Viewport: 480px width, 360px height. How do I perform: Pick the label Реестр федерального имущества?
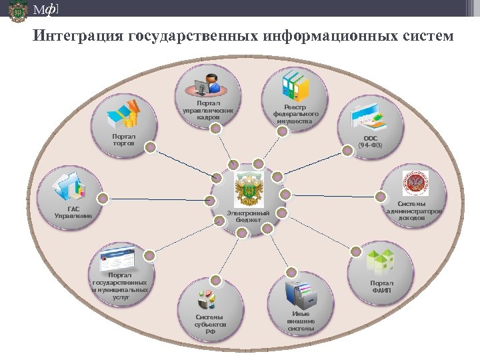[x=295, y=114]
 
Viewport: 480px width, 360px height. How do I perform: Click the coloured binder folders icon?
[x=295, y=85]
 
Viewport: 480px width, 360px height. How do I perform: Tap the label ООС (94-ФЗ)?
[x=370, y=141]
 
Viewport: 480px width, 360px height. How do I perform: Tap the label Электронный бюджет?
[x=248, y=216]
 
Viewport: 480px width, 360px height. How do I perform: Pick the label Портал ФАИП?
[x=382, y=287]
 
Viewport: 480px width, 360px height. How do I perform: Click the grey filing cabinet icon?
[x=299, y=294]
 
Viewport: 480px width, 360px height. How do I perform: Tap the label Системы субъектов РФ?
[x=210, y=324]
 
